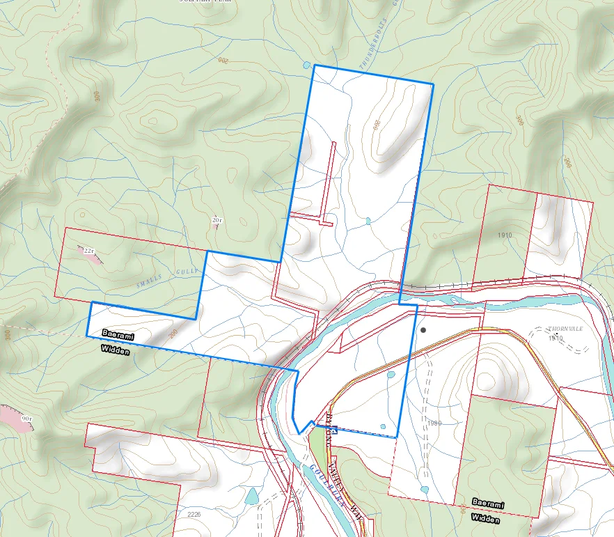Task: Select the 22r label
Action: point(88,250)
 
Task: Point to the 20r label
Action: point(217,221)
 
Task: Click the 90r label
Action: point(26,419)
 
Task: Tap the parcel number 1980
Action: point(434,423)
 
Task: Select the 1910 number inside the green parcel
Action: point(505,235)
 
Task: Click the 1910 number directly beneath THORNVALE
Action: point(555,338)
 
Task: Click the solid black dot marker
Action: point(423,330)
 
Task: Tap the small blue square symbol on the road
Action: point(334,432)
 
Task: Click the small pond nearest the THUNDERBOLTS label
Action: point(307,65)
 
